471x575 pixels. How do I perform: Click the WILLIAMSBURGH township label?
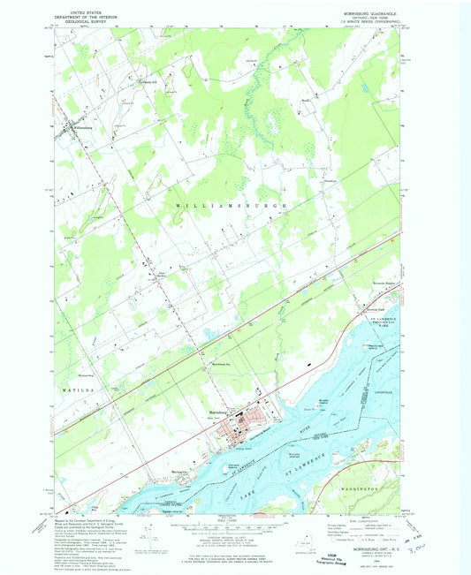click(x=232, y=204)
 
